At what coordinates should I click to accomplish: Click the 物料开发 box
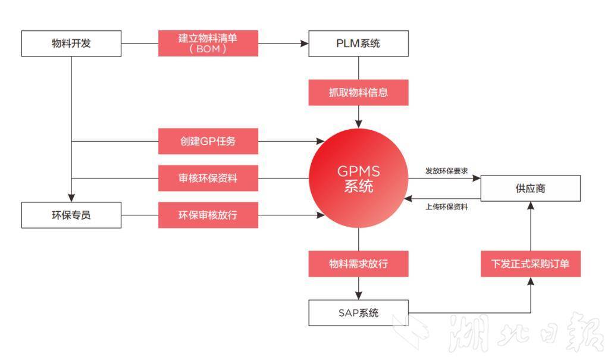(71, 43)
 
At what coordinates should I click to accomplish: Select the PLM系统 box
(358, 43)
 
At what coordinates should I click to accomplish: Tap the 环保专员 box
(71, 215)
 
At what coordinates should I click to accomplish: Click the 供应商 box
(530, 188)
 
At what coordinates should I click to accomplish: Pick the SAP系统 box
(358, 312)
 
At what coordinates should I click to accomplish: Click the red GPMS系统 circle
(358, 179)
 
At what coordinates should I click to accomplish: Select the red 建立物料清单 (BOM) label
(208, 43)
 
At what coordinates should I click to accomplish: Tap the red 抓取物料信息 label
(358, 92)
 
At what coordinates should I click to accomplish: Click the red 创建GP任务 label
(208, 142)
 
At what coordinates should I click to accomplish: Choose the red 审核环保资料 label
(208, 178)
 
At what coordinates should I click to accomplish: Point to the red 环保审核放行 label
(208, 215)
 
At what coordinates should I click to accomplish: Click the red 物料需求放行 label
(358, 263)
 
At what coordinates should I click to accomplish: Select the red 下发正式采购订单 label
(530, 263)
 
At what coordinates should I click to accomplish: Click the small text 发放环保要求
(446, 171)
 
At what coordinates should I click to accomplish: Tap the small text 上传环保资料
(446, 207)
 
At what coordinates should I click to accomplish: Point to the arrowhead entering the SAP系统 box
(358, 295)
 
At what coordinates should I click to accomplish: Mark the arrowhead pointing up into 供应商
(530, 206)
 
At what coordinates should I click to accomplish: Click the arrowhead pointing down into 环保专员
(71, 198)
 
